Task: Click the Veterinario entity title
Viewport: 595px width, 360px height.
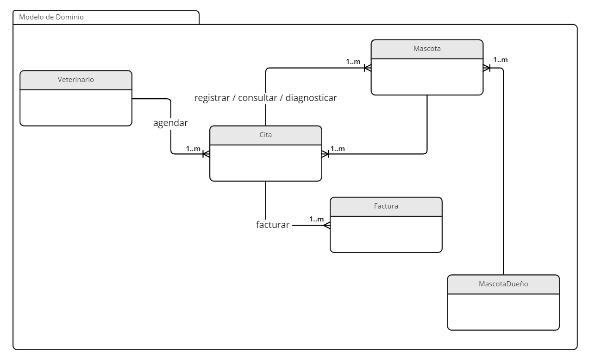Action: click(76, 80)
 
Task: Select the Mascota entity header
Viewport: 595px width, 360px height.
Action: click(427, 49)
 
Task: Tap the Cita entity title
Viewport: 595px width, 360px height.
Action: click(265, 135)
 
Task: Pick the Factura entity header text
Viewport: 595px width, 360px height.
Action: click(386, 206)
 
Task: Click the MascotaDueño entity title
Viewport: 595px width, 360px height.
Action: click(503, 284)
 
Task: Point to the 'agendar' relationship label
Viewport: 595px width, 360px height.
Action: click(170, 123)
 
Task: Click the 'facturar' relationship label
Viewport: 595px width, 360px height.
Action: click(273, 225)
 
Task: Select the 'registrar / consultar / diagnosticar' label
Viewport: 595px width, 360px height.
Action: click(265, 98)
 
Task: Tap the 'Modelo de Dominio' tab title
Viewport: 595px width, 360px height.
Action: click(51, 17)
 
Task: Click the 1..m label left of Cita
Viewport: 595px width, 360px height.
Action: click(193, 149)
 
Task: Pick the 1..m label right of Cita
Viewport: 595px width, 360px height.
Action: click(338, 149)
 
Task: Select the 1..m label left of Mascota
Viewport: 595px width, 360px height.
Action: click(353, 61)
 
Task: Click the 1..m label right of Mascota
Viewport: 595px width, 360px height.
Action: click(500, 60)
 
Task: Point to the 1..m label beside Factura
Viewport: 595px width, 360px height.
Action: click(317, 219)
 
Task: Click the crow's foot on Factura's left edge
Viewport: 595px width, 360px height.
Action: click(327, 225)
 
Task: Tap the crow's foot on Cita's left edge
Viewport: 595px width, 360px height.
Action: click(206, 154)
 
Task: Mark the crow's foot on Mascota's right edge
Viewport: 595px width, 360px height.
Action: click(487, 68)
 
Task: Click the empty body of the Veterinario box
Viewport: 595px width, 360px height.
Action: click(76, 107)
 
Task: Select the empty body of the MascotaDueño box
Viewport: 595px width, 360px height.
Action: click(503, 312)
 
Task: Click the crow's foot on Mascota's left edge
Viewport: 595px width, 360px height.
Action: click(368, 68)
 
